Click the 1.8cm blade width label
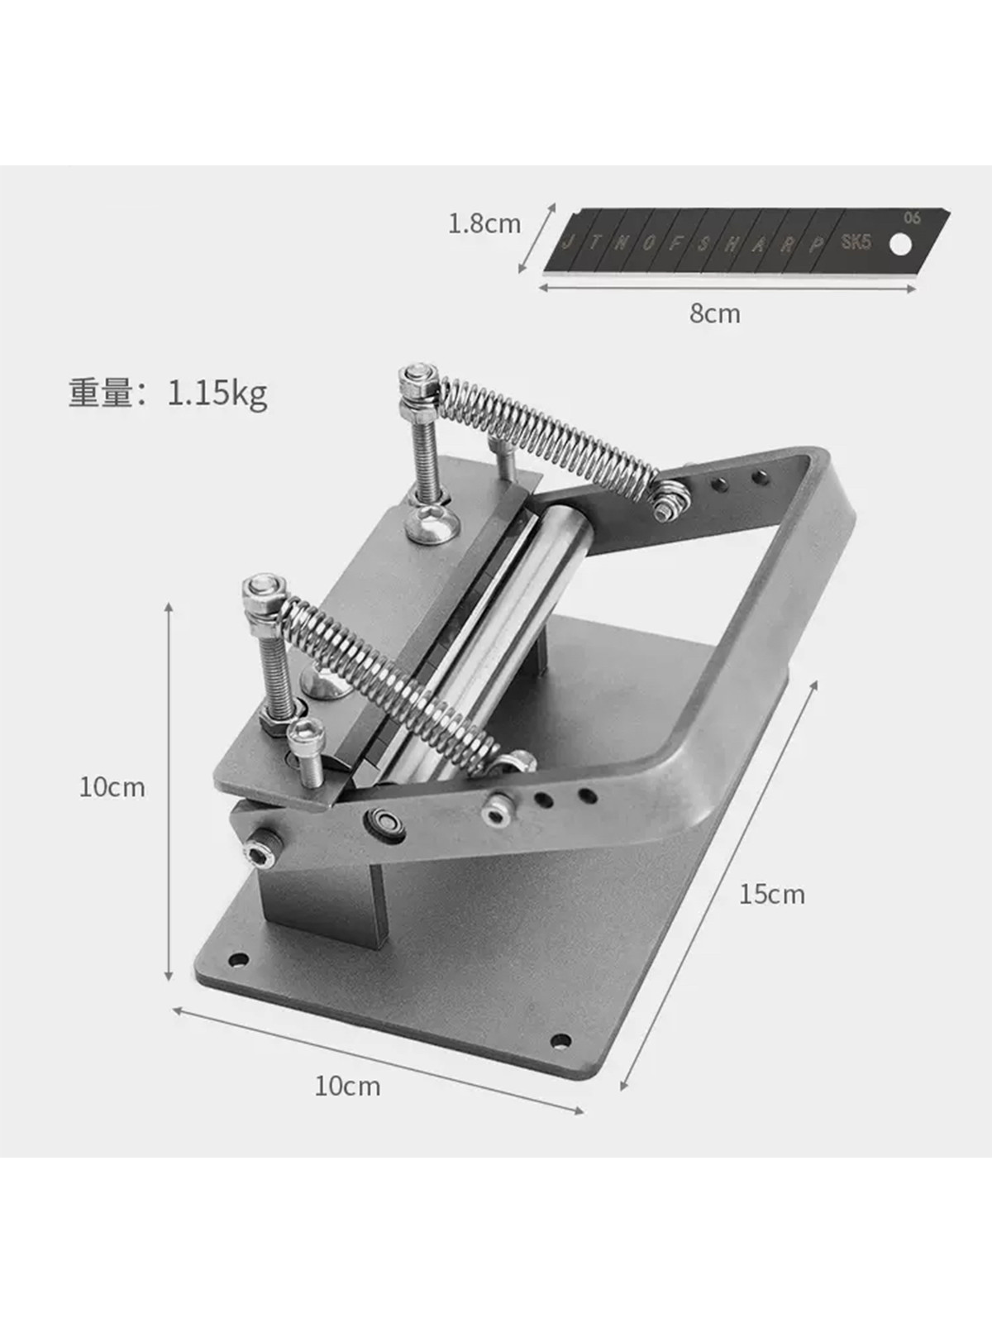484,224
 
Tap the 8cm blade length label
715,313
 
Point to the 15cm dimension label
772,895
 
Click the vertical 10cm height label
112,788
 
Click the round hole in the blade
901,244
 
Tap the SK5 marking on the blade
856,242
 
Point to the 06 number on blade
913,218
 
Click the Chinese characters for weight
100,393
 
